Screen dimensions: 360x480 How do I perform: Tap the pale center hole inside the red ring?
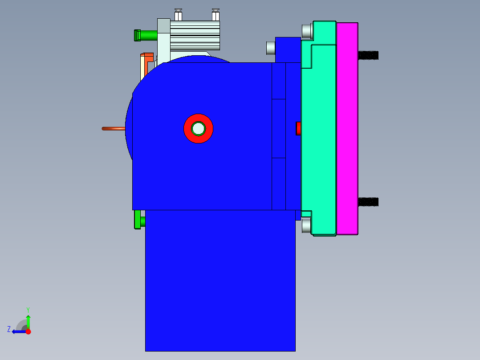coord(198,129)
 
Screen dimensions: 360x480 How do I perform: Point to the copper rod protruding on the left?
coord(114,129)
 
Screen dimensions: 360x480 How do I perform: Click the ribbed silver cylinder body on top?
coord(195,36)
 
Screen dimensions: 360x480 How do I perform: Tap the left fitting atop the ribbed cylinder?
coord(178,15)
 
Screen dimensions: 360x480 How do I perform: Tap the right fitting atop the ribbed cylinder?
coord(216,15)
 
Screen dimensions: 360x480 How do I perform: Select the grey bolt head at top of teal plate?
coord(307,31)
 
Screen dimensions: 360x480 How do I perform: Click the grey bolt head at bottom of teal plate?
coord(306,226)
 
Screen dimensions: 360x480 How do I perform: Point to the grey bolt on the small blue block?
coord(271,48)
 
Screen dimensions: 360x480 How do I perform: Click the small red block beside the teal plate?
coord(298,129)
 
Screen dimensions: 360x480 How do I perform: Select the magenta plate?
coord(347,129)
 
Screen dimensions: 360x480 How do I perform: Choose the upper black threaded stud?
coord(368,55)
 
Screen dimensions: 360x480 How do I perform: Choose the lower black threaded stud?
coord(368,202)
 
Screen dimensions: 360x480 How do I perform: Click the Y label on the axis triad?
coord(28,309)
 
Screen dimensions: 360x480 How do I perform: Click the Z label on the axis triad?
coord(9,329)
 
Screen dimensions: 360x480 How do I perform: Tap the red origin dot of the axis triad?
coord(28,331)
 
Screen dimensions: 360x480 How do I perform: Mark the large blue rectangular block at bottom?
coord(220,281)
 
